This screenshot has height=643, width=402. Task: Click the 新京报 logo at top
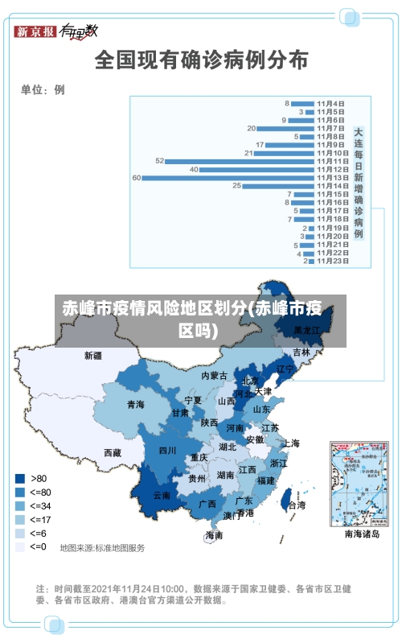pyautogui.click(x=35, y=31)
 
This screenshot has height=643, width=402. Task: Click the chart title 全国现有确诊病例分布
pyautogui.click(x=201, y=61)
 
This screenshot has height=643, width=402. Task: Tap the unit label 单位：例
pyautogui.click(x=43, y=90)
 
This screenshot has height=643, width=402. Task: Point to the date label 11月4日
pyautogui.click(x=330, y=103)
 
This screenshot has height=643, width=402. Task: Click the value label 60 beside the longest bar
pyautogui.click(x=137, y=177)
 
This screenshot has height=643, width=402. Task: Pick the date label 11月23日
pyautogui.click(x=331, y=261)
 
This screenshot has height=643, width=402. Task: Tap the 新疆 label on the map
pyautogui.click(x=93, y=355)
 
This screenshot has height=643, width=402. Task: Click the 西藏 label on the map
pyautogui.click(x=112, y=452)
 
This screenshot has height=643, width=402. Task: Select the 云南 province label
pyautogui.click(x=162, y=496)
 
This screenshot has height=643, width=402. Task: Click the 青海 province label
pyautogui.click(x=135, y=404)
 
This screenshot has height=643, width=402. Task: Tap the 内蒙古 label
pyautogui.click(x=214, y=375)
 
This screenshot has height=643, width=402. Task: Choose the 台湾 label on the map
pyautogui.click(x=296, y=505)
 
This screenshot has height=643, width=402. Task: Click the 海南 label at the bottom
pyautogui.click(x=214, y=534)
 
